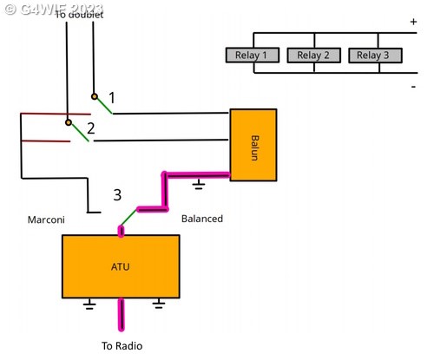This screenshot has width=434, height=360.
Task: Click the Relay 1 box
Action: click(x=253, y=55)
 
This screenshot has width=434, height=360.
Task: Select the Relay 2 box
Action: click(x=313, y=56)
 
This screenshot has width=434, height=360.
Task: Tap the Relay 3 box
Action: click(x=375, y=56)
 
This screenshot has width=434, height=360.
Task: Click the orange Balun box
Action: click(x=253, y=145)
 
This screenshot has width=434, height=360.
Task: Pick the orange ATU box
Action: click(x=121, y=266)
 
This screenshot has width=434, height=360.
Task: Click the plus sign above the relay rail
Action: click(x=413, y=22)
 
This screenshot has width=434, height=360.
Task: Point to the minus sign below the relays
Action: click(x=413, y=87)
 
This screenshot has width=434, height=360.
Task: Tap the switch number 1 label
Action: click(x=112, y=98)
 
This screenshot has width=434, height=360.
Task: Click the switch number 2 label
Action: click(x=91, y=128)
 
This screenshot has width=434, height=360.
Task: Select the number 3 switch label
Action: click(x=117, y=195)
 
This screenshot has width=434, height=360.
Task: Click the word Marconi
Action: click(x=46, y=219)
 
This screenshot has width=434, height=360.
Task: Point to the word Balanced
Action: click(x=202, y=219)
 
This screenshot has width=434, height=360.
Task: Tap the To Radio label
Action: click(x=122, y=346)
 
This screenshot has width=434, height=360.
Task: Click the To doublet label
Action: click(x=79, y=15)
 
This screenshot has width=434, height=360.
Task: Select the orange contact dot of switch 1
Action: click(x=95, y=96)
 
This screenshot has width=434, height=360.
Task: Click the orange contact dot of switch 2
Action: click(x=69, y=122)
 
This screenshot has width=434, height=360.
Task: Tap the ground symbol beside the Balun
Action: click(x=199, y=184)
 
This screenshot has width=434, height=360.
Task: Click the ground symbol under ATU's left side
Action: click(x=89, y=304)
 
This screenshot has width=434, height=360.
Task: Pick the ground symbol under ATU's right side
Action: click(x=159, y=304)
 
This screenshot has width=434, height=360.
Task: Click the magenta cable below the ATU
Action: click(x=122, y=315)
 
